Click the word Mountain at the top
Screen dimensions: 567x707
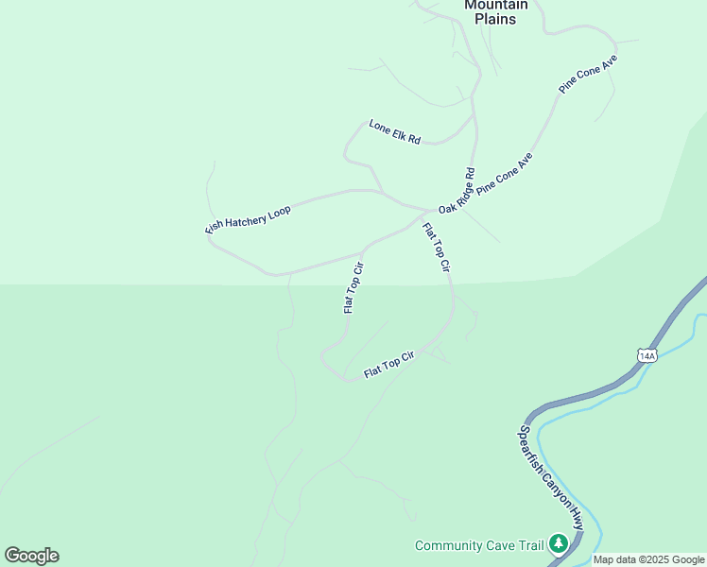tap(494, 5)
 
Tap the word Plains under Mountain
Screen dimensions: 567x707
tap(494, 18)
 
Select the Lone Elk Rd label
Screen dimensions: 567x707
tap(394, 131)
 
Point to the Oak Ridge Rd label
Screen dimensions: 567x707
tap(457, 191)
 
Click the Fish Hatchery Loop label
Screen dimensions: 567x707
tap(249, 220)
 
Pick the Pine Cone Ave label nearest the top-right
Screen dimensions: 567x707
tap(588, 73)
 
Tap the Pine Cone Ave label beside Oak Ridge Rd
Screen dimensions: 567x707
tap(505, 174)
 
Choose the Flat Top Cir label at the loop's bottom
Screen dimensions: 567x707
tap(389, 365)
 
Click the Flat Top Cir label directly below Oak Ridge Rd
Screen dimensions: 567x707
tap(436, 247)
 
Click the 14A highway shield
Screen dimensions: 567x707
tap(647, 355)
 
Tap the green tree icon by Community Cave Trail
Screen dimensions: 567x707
tap(559, 543)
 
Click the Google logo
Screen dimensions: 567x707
tap(31, 556)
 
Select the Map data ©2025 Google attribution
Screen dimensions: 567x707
tap(648, 559)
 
